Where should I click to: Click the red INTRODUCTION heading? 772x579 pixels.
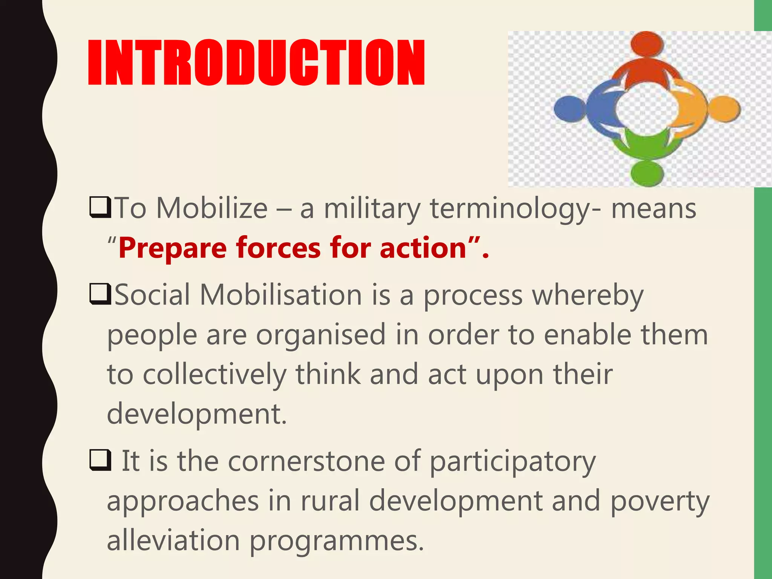(x=256, y=62)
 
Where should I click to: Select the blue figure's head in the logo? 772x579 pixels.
(x=570, y=109)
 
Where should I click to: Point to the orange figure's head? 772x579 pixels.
(x=725, y=109)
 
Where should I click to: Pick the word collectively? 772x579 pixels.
(x=214, y=375)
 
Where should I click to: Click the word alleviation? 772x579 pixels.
(x=173, y=540)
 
